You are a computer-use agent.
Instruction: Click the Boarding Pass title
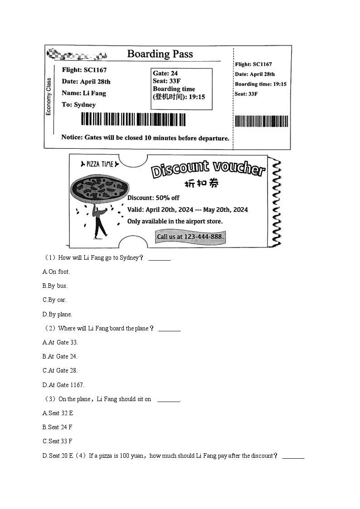(x=160, y=54)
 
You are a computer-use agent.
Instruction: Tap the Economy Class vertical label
(x=49, y=96)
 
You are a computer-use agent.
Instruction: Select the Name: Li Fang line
(x=84, y=93)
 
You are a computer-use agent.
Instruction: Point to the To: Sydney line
(x=78, y=105)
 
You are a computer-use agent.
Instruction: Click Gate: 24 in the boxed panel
(x=165, y=73)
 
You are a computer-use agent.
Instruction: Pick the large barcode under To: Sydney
(x=133, y=120)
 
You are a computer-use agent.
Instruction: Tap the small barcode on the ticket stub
(x=262, y=121)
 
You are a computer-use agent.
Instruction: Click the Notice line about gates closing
(x=145, y=138)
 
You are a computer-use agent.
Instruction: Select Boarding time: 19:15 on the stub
(x=260, y=84)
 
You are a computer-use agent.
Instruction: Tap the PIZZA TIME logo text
(x=100, y=164)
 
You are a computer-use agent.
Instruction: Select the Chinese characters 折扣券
(x=201, y=184)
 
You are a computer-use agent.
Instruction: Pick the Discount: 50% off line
(x=153, y=198)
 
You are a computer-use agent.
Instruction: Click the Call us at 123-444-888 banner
(x=190, y=237)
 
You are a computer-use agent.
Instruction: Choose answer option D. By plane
(x=57, y=314)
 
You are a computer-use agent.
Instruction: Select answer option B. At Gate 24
(x=60, y=356)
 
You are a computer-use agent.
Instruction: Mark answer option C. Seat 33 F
(x=57, y=441)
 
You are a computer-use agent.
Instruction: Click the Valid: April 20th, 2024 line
(x=187, y=209)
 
